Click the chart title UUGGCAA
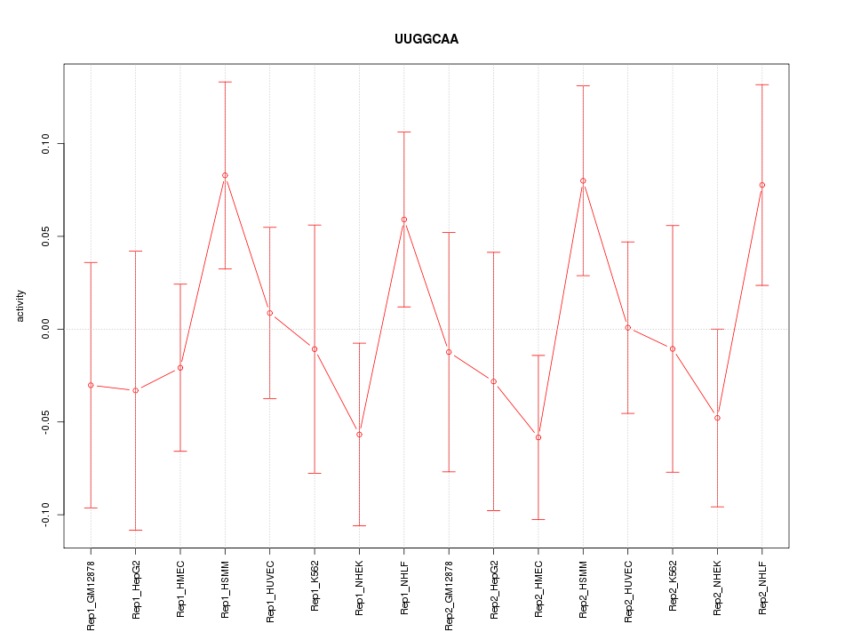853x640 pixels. [426, 39]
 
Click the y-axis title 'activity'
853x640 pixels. [21, 306]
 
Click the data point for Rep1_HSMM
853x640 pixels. [225, 175]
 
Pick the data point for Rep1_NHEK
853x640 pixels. [359, 434]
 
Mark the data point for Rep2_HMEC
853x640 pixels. [538, 437]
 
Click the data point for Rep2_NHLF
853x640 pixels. [761, 185]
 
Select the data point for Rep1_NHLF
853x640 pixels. [403, 220]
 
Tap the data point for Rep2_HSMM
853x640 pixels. [583, 180]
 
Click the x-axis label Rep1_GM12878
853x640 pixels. [91, 595]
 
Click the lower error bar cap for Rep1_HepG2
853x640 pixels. [135, 530]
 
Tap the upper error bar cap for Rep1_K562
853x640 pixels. [315, 225]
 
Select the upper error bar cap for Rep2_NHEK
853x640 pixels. [717, 329]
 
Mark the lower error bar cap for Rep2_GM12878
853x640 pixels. [449, 471]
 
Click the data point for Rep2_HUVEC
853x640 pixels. [627, 327]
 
